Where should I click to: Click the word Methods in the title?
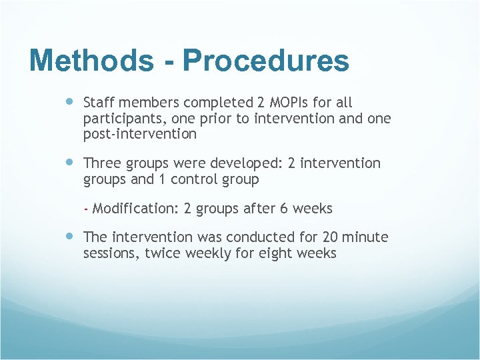tap(91, 61)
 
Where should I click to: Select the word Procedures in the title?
tap(265, 61)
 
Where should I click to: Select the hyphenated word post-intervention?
tap(140, 134)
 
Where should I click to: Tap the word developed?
tap(247, 163)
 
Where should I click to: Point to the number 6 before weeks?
tap(284, 209)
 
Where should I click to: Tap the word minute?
tap(367, 237)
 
